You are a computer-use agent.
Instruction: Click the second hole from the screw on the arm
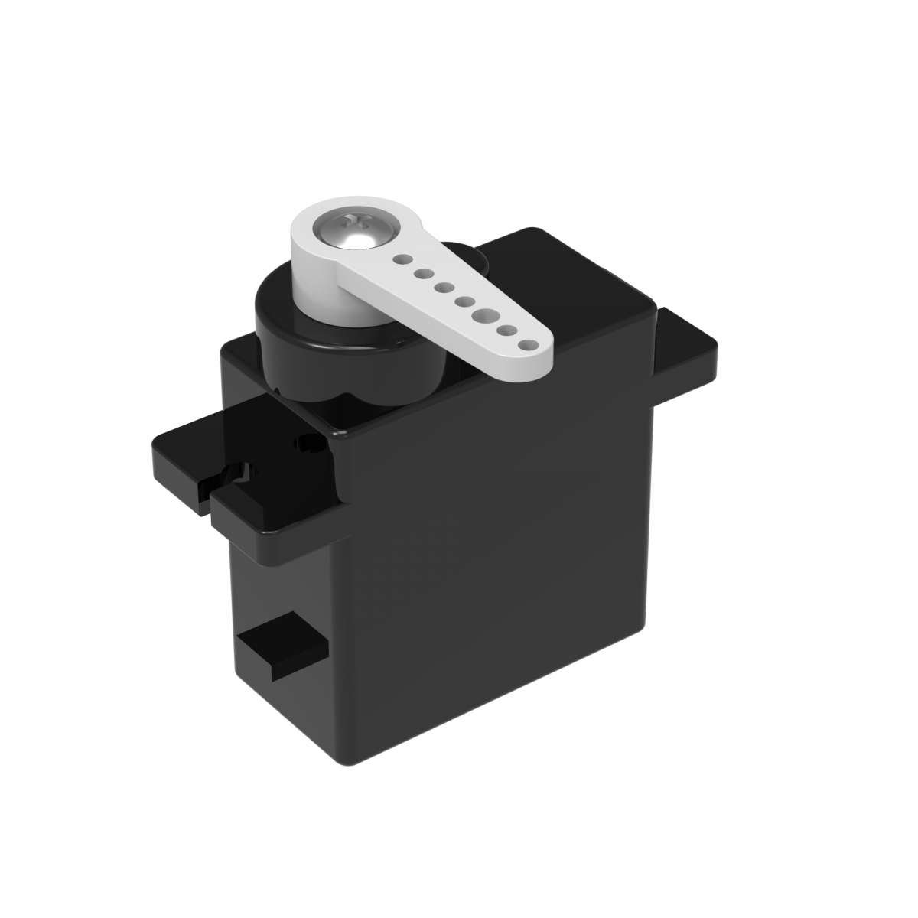tap(422, 274)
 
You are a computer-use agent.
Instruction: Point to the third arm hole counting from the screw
tap(442, 288)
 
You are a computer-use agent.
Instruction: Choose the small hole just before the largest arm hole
tap(462, 301)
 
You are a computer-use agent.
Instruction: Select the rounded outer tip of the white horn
tap(540, 360)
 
